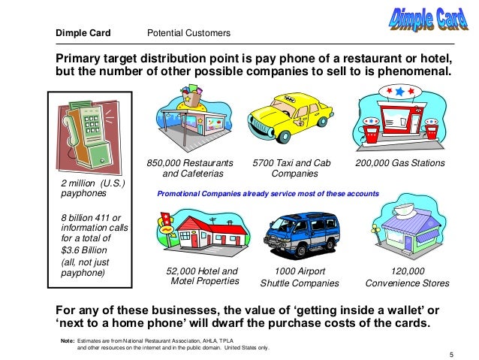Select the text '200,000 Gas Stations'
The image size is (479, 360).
click(399, 163)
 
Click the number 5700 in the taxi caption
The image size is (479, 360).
click(264, 163)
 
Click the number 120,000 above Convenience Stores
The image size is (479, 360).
click(408, 271)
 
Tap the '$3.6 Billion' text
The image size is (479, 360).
click(86, 250)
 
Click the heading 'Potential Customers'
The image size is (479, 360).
click(188, 34)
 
